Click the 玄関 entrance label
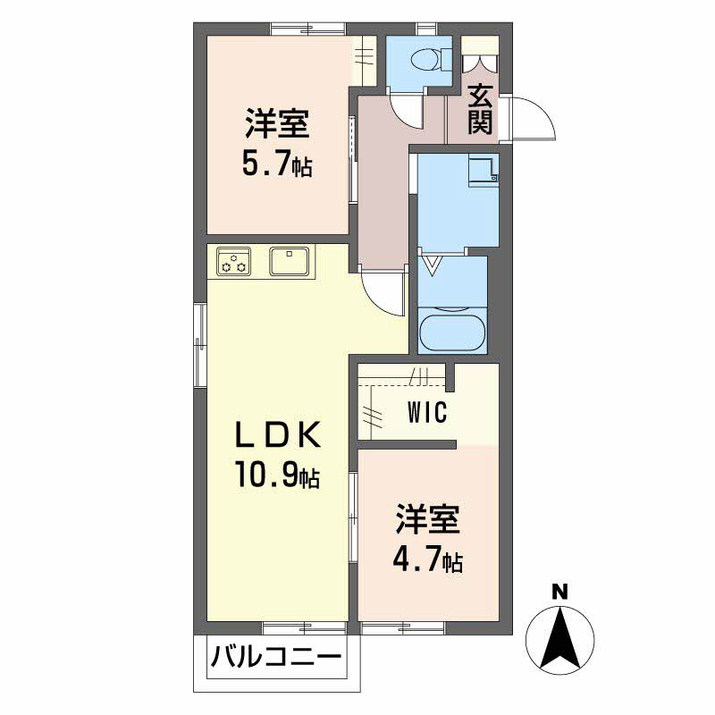(481, 109)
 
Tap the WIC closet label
(427, 413)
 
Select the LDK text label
(278, 434)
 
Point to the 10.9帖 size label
(277, 475)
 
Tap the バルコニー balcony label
(276, 657)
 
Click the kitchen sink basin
(289, 261)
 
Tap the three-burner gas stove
(233, 261)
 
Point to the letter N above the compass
(560, 592)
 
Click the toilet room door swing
(408, 113)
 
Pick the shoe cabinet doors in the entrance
(480, 63)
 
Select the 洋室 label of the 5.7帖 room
(277, 123)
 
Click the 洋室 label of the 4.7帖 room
(427, 519)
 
